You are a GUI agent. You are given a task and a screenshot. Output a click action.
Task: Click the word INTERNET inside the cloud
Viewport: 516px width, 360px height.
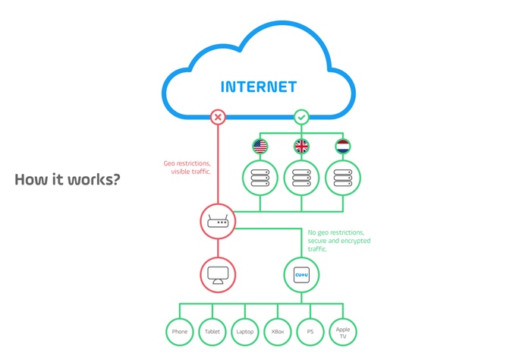click(259, 86)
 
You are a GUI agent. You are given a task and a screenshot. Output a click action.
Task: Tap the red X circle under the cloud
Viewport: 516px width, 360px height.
click(219, 118)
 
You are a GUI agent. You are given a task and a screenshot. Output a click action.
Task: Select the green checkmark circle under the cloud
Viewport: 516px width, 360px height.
click(301, 118)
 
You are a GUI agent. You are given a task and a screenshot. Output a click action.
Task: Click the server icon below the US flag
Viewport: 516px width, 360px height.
click(260, 178)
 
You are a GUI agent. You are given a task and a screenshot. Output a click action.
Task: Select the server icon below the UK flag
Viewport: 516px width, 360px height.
click(301, 178)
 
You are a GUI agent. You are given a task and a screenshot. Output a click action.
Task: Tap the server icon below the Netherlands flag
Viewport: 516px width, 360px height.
click(342, 178)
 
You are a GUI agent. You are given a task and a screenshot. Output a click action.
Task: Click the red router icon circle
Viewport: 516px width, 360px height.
click(219, 222)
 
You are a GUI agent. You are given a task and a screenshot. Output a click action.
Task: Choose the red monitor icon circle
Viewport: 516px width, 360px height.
click(219, 274)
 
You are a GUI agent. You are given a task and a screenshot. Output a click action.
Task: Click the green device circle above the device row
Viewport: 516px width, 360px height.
click(301, 274)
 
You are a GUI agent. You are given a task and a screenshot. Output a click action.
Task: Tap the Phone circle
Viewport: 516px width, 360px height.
click(179, 331)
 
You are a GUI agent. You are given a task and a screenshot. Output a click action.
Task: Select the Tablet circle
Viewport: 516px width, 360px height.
click(212, 331)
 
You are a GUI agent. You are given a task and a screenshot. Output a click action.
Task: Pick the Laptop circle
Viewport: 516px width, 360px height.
click(244, 331)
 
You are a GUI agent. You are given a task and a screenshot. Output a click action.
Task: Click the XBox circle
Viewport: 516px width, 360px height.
click(277, 331)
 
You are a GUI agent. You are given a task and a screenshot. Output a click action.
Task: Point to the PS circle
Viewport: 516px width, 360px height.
click(310, 331)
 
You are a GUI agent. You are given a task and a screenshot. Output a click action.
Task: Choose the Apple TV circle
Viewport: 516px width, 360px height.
click(342, 331)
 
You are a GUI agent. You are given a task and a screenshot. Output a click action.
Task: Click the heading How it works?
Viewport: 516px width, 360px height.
click(67, 181)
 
